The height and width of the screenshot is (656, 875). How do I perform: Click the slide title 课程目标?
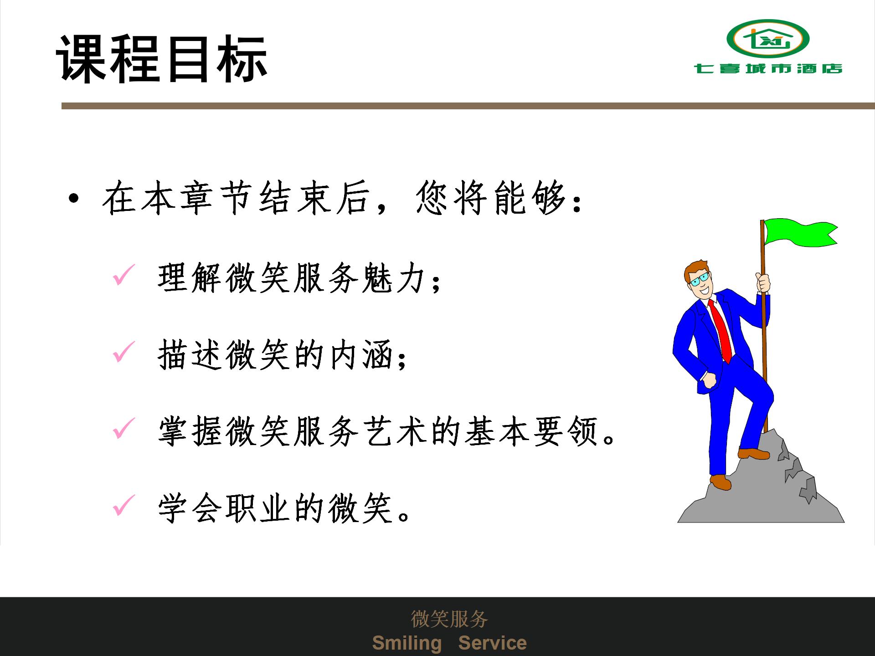(x=162, y=59)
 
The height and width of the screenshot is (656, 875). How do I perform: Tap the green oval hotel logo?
(x=768, y=39)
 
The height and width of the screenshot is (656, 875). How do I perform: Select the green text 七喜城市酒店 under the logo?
(x=768, y=69)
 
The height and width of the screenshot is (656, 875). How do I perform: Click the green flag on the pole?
(x=800, y=232)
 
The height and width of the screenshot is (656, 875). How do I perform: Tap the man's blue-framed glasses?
(x=699, y=279)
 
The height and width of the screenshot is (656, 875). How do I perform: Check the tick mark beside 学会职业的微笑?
(x=124, y=505)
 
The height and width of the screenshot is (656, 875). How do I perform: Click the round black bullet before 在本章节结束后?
(x=73, y=199)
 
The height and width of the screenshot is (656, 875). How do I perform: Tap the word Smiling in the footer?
(x=407, y=643)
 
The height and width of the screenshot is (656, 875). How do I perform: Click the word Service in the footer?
(x=492, y=643)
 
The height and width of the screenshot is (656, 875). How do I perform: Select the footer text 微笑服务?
(x=449, y=619)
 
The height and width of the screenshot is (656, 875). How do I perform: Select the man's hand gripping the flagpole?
(x=763, y=282)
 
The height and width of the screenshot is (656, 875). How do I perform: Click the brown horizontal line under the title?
(x=468, y=106)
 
